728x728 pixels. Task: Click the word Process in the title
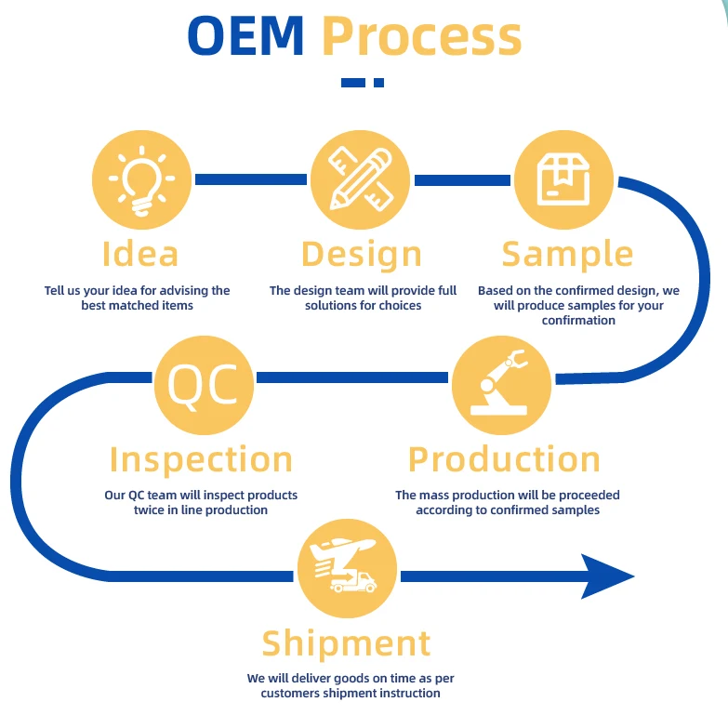pyautogui.click(x=421, y=37)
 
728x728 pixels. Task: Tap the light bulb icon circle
pyautogui.click(x=141, y=180)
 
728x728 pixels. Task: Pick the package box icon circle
pyautogui.click(x=563, y=179)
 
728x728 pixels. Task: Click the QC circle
pyautogui.click(x=204, y=383)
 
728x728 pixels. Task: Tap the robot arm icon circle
pyautogui.click(x=501, y=385)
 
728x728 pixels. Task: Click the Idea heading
pyautogui.click(x=140, y=254)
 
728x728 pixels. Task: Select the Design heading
pyautogui.click(x=362, y=254)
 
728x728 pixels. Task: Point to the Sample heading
pyautogui.click(x=567, y=254)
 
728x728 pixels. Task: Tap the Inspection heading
pyautogui.click(x=201, y=459)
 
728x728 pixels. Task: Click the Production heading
pyautogui.click(x=504, y=459)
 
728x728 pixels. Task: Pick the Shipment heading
pyautogui.click(x=346, y=643)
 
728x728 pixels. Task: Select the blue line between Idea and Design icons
pyautogui.click(x=249, y=179)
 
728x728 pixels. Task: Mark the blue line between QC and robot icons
pyautogui.click(x=351, y=377)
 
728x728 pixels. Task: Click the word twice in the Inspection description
pyautogui.click(x=149, y=510)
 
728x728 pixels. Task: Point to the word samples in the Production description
pyautogui.click(x=576, y=510)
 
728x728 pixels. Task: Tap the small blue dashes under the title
pyautogui.click(x=363, y=83)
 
